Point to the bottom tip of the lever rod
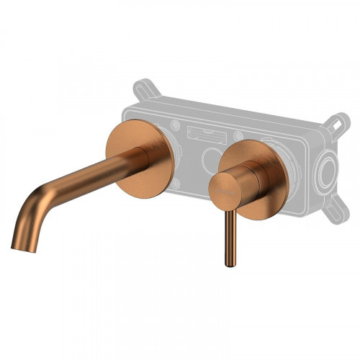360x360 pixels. point(230,264)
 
